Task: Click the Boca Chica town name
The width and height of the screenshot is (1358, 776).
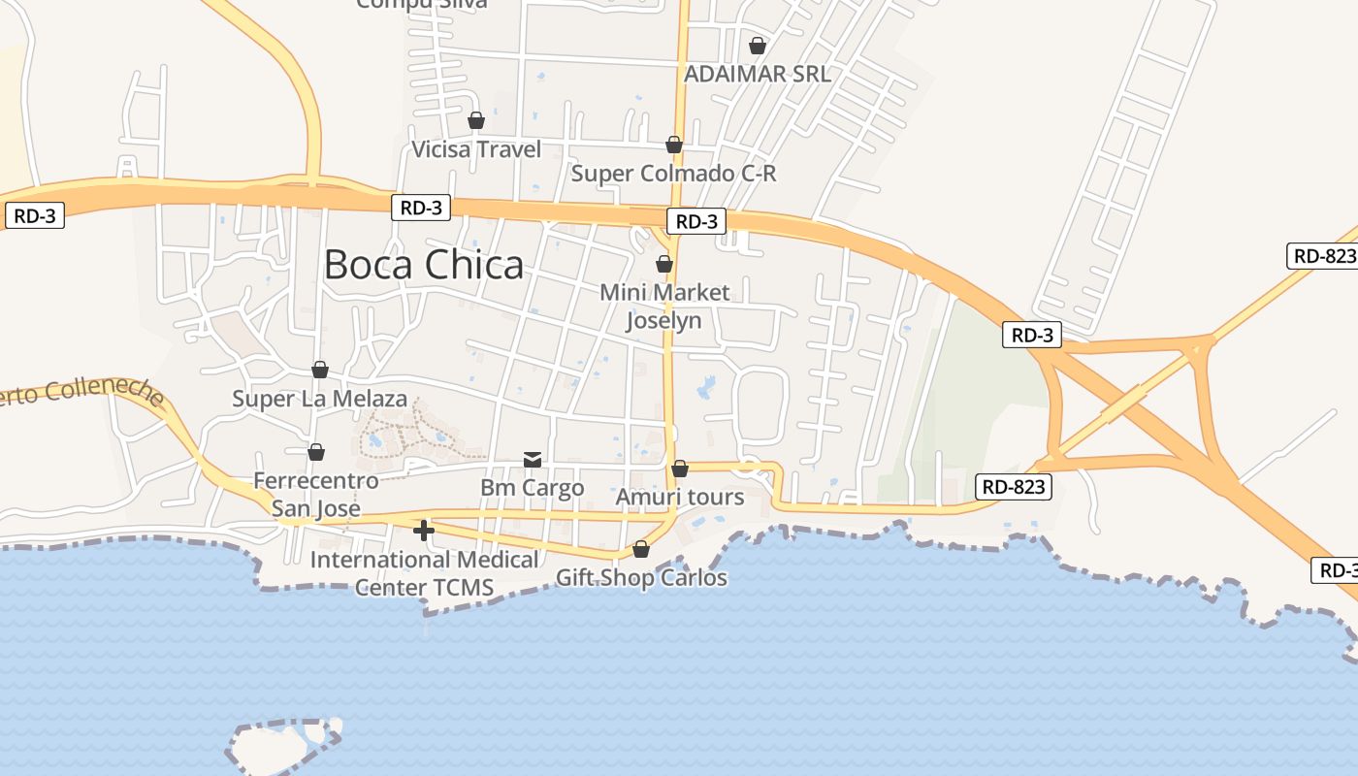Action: pyautogui.click(x=423, y=265)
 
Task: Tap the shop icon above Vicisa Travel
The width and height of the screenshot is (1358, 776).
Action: pyautogui.click(x=476, y=120)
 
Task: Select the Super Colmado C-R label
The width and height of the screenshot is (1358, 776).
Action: pyautogui.click(x=673, y=174)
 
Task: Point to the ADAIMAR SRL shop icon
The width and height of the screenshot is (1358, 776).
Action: pyautogui.click(x=758, y=46)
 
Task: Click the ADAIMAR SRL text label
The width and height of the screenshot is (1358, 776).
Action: pyautogui.click(x=757, y=74)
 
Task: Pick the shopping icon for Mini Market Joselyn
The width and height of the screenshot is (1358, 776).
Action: pyautogui.click(x=664, y=264)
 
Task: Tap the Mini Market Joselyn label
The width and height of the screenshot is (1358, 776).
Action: pyautogui.click(x=664, y=306)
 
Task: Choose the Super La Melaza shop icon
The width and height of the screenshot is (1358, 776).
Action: pyautogui.click(x=320, y=370)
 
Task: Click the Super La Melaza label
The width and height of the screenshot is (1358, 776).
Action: pyautogui.click(x=319, y=399)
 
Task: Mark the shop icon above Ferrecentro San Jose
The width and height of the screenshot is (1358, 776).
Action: pyautogui.click(x=316, y=452)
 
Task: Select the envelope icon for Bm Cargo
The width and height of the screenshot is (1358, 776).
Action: pyautogui.click(x=533, y=459)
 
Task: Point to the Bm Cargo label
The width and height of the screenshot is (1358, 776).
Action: pyautogui.click(x=533, y=487)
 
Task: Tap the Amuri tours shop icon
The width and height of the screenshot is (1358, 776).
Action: pyautogui.click(x=680, y=469)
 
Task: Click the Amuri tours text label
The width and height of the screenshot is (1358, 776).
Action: pyautogui.click(x=680, y=498)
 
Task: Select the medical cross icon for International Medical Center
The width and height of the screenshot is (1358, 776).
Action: pyautogui.click(x=424, y=531)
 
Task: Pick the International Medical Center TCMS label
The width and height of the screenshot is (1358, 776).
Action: pyautogui.click(x=424, y=573)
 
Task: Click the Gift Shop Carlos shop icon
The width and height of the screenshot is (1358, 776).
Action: pyautogui.click(x=641, y=549)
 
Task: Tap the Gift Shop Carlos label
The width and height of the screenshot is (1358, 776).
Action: pyautogui.click(x=641, y=578)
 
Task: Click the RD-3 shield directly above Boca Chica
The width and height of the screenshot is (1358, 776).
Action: pyautogui.click(x=421, y=207)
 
